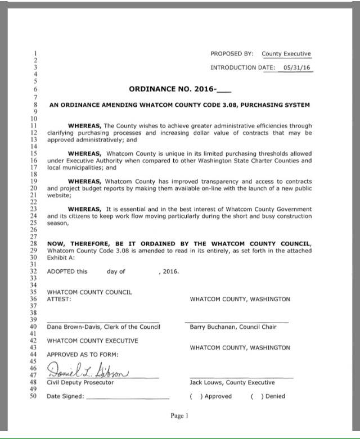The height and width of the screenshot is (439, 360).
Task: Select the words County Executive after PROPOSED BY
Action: [x=286, y=54]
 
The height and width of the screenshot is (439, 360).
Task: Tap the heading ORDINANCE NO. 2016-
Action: [x=179, y=89]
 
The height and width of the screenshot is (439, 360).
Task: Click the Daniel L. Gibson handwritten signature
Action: [x=88, y=372]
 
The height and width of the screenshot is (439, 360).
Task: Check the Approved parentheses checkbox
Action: [x=195, y=396]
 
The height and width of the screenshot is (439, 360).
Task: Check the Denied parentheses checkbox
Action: [x=256, y=396]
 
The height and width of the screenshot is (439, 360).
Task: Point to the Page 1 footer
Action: [x=179, y=416]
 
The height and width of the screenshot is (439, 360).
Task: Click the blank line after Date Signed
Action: [x=128, y=397]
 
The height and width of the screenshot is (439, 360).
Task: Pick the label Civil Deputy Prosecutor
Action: [x=80, y=382]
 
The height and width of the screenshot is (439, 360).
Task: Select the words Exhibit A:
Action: [x=60, y=258]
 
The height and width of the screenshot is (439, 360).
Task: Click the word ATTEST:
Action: [x=59, y=299]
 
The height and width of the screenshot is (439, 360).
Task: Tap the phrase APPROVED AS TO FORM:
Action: [x=83, y=355]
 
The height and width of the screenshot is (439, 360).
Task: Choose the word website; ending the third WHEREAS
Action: [x=59, y=196]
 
